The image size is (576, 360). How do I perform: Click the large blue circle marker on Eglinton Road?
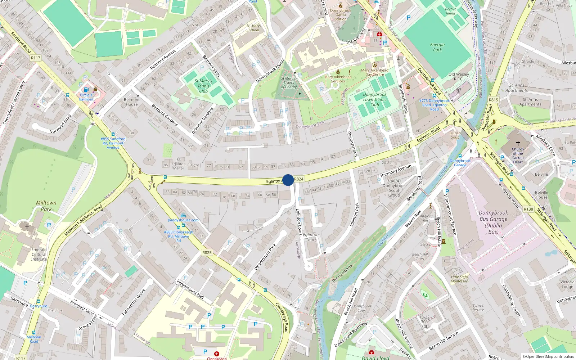click(288, 180)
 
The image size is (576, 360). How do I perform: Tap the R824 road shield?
click(299, 179)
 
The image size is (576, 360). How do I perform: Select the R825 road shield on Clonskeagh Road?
click(207, 253)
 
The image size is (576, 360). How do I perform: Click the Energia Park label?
click(437, 47)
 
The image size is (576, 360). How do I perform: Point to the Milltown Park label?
click(46, 206)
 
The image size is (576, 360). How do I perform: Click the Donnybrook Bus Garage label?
click(493, 222)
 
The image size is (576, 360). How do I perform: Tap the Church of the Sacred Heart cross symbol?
click(518, 143)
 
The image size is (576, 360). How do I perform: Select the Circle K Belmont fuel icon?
click(86, 90)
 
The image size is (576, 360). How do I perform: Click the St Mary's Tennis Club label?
click(203, 86)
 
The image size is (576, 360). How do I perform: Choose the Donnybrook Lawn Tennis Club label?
click(375, 100)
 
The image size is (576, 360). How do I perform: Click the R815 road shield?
click(493, 100)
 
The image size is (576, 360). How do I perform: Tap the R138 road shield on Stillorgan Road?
click(528, 209)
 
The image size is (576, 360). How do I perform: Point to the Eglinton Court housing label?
click(311, 237)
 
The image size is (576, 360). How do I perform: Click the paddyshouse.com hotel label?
click(183, 220)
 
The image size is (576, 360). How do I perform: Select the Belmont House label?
click(132, 102)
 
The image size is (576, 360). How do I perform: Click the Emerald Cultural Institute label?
click(39, 254)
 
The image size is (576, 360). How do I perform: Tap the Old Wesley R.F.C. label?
click(459, 76)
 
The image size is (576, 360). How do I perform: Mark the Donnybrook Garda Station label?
click(341, 14)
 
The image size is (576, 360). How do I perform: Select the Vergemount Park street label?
click(265, 257)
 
